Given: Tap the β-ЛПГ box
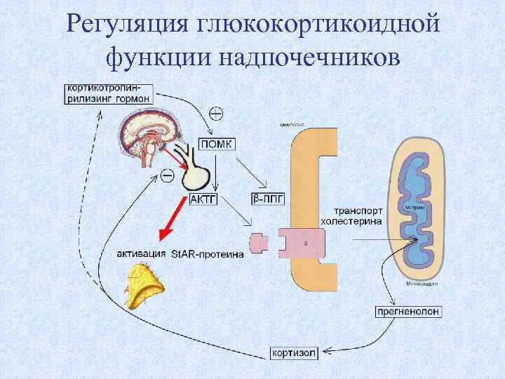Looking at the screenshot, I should pyautogui.click(x=267, y=199).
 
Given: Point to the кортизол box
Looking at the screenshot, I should pyautogui.click(x=294, y=352).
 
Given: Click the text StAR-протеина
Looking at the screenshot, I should pyautogui.click(x=207, y=254).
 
